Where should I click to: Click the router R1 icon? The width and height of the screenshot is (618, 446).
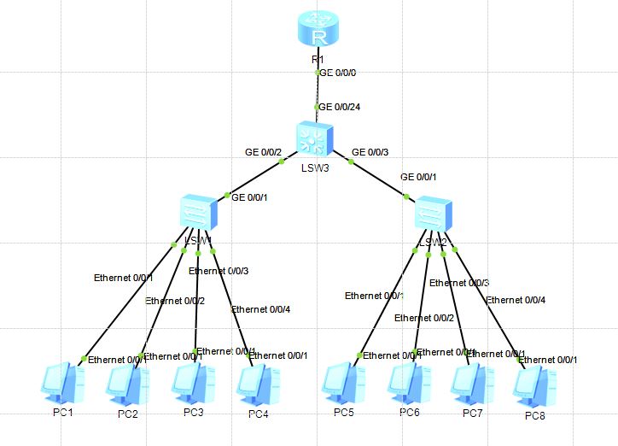319,30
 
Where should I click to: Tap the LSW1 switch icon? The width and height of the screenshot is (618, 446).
197,213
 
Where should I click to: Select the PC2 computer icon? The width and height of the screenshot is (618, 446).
127,384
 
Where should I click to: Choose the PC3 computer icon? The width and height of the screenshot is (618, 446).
193,383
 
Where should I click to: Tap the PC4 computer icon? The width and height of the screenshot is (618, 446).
257,384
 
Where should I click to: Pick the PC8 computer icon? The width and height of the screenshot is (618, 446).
534,385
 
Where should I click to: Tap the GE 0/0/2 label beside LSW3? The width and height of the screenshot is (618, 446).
263,152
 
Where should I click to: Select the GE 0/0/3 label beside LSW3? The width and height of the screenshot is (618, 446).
370,152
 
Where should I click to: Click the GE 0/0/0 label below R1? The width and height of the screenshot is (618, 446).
338,73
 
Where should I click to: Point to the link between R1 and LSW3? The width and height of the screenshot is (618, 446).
318,90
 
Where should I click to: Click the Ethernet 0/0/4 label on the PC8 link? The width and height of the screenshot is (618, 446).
516,300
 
